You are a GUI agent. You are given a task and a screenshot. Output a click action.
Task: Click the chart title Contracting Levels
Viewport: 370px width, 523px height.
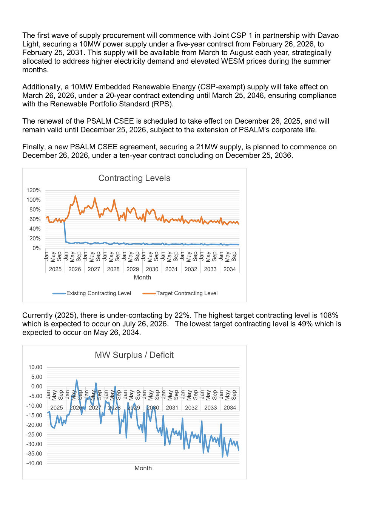click(x=134, y=178)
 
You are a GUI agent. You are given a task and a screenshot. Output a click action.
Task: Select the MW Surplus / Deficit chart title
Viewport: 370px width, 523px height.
click(x=134, y=355)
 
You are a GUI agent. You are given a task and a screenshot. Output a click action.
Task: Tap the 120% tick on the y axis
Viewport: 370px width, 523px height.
click(x=33, y=190)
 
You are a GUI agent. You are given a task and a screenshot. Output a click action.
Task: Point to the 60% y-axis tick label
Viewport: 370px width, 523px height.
click(x=34, y=219)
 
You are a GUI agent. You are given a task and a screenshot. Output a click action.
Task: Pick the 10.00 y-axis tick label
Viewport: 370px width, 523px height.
click(x=35, y=367)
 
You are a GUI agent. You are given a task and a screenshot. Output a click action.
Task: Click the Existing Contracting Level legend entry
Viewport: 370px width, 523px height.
click(x=99, y=293)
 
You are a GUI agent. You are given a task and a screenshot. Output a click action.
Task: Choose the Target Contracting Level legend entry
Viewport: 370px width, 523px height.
click(x=187, y=293)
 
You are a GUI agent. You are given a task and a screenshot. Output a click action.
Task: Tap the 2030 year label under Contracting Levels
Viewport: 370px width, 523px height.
click(x=152, y=269)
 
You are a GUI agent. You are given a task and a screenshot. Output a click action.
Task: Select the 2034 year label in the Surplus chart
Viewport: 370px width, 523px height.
click(x=230, y=408)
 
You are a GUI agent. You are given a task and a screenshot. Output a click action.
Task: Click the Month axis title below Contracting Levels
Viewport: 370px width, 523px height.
click(x=142, y=278)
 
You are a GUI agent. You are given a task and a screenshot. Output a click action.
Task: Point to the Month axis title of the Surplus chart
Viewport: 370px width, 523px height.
click(x=143, y=468)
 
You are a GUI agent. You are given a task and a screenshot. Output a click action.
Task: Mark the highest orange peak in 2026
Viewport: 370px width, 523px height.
click(x=75, y=196)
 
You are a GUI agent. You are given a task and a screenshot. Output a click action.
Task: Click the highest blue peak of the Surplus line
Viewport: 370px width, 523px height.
click(x=77, y=380)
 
